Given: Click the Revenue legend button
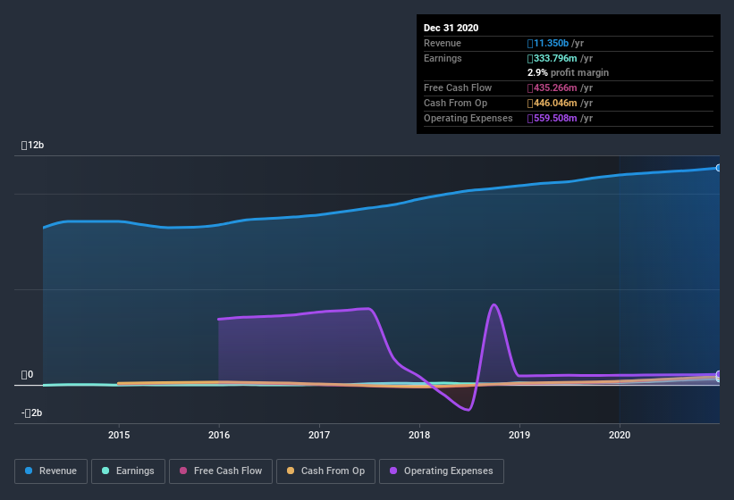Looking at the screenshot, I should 51,471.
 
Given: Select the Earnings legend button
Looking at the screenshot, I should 128,471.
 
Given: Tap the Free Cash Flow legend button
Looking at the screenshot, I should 219,471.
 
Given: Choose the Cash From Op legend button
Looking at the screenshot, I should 325,471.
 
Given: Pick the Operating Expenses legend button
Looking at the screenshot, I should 442,471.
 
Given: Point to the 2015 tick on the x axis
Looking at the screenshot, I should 119,435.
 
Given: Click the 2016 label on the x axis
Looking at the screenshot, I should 219,435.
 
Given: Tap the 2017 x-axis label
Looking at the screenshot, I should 319,435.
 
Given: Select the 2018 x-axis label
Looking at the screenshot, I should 419,435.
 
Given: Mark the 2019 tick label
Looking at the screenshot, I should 519,435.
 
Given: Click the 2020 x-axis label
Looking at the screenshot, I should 619,435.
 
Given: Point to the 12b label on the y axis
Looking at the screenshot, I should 33,145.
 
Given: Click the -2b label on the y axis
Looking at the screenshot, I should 32,412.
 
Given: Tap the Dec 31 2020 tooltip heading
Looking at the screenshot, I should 451,28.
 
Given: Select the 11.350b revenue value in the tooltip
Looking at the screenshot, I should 560,43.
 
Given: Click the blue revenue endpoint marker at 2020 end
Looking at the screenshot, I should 718,168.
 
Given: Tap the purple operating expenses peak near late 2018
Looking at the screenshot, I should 494,305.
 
